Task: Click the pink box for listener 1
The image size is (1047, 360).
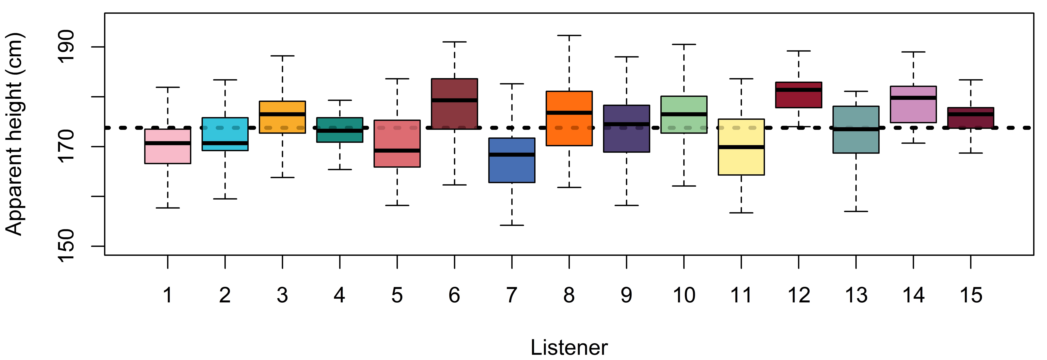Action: coord(168,146)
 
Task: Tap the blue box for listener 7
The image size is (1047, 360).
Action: coord(512,160)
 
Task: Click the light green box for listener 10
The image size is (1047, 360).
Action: coord(684,115)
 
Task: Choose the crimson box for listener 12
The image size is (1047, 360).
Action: coord(799,95)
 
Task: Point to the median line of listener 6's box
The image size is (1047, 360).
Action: coord(454,100)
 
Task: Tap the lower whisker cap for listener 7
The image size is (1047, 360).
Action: coord(512,225)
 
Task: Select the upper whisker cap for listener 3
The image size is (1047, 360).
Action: coord(282,56)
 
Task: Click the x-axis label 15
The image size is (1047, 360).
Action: coord(971,295)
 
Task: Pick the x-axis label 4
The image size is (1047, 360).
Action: coord(340,295)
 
